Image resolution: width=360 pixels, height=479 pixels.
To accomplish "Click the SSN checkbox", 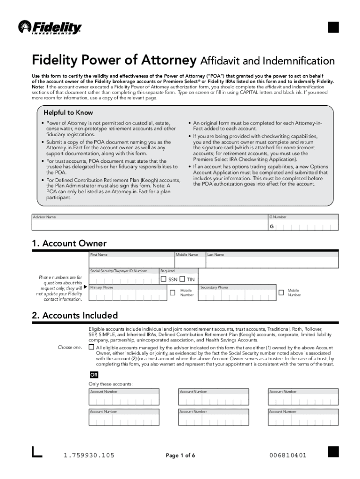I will tap(164, 279).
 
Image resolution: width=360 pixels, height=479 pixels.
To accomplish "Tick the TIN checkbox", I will tap(182, 279).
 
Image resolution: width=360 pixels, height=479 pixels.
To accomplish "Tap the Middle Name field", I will tap(189, 261).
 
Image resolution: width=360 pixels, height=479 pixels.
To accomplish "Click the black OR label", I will tap(94, 375).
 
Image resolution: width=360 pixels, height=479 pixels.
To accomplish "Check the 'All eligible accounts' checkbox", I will tap(92, 348).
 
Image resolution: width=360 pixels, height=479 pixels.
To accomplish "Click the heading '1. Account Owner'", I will tap(69, 243).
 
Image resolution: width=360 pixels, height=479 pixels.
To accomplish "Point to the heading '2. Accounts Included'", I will tap(75, 315).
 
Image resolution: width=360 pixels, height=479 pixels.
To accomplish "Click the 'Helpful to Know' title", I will tap(68, 113).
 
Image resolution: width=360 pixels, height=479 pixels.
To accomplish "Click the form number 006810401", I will tap(288, 456).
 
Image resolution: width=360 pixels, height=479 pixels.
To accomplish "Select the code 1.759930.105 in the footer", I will tap(89, 456).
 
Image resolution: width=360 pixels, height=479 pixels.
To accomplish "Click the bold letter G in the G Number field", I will tap(271, 227).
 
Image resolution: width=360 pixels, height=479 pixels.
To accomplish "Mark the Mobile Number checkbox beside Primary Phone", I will tap(171, 292).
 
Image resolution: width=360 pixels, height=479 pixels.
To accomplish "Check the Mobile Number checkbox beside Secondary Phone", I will tap(281, 292).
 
